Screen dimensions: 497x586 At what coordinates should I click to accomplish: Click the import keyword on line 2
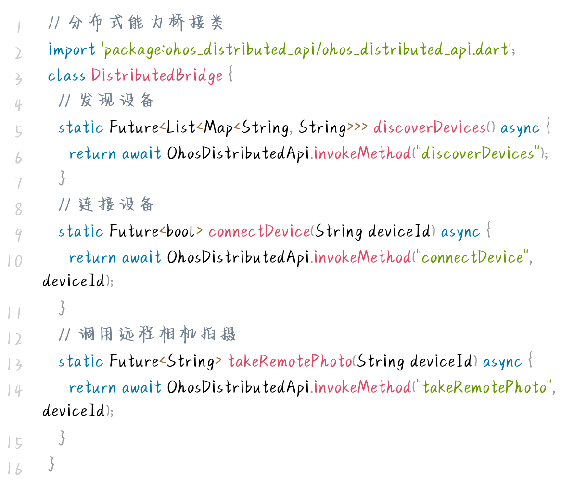[x=72, y=50]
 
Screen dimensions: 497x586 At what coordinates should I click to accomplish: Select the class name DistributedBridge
[x=157, y=76]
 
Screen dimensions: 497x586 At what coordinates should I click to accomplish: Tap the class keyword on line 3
[x=66, y=76]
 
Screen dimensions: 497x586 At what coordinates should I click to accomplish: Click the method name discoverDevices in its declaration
[x=429, y=127]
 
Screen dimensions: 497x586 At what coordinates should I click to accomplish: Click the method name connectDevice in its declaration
[x=259, y=231]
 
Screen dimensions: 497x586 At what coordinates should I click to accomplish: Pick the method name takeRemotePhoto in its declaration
[x=290, y=361]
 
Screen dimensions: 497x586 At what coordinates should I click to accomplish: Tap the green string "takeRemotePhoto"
[x=485, y=387]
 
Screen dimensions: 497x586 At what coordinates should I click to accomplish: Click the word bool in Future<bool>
[x=180, y=231]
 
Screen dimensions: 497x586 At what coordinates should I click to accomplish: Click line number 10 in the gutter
[x=15, y=261]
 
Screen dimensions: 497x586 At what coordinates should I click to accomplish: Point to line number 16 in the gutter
[x=15, y=469]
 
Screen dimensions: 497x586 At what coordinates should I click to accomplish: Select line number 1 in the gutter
[x=18, y=26]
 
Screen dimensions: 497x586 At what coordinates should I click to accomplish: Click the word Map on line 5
[x=218, y=127]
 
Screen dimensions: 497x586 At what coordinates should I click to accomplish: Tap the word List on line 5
[x=180, y=127]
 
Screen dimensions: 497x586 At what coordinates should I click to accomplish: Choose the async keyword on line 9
[x=460, y=232]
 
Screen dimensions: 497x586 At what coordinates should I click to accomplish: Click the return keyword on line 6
[x=92, y=154]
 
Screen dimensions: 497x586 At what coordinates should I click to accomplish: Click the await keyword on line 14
[x=141, y=387]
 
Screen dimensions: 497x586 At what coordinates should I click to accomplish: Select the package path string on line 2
[x=307, y=50]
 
